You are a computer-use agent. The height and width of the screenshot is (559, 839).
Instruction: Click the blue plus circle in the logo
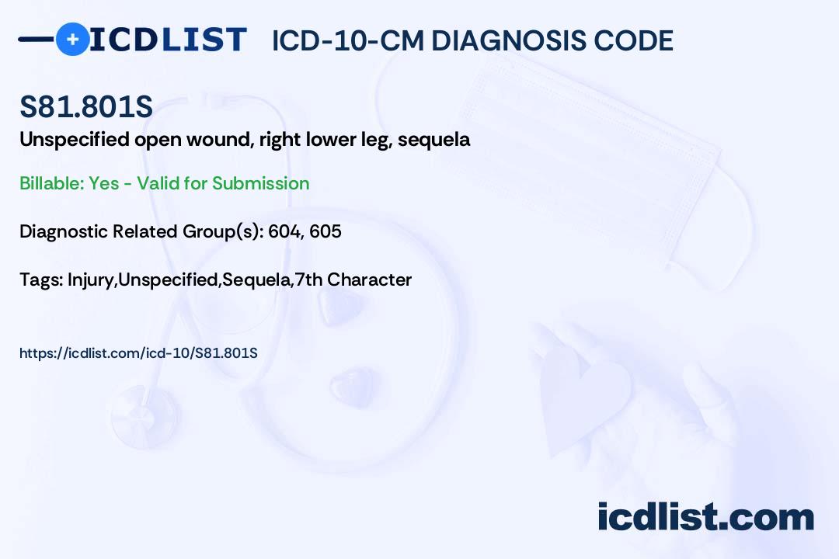coord(72,39)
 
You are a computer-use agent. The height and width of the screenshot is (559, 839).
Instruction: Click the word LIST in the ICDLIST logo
coord(204,40)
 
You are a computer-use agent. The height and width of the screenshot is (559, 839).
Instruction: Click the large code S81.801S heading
coord(86,106)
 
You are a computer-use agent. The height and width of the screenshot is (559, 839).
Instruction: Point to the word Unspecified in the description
coord(75,140)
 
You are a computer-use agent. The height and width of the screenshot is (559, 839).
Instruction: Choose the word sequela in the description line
coord(434,141)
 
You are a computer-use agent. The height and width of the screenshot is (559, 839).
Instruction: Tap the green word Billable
coord(52,183)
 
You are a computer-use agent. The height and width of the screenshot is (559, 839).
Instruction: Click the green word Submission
coord(260,183)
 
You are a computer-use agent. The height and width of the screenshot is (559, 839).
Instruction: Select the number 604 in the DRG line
coord(284,231)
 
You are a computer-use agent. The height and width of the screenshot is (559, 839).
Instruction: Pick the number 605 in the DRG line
coord(326,231)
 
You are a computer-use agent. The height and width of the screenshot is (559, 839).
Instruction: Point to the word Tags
coord(41,279)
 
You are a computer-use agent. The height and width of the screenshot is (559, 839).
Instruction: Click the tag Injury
coord(91,279)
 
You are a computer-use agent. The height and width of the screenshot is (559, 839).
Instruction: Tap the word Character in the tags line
coord(369,279)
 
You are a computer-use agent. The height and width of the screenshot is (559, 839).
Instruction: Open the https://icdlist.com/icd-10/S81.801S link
coord(138,353)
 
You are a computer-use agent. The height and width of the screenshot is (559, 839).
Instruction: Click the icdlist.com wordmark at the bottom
coord(705,516)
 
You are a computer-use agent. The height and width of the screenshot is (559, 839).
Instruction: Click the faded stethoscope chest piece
coord(144,415)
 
